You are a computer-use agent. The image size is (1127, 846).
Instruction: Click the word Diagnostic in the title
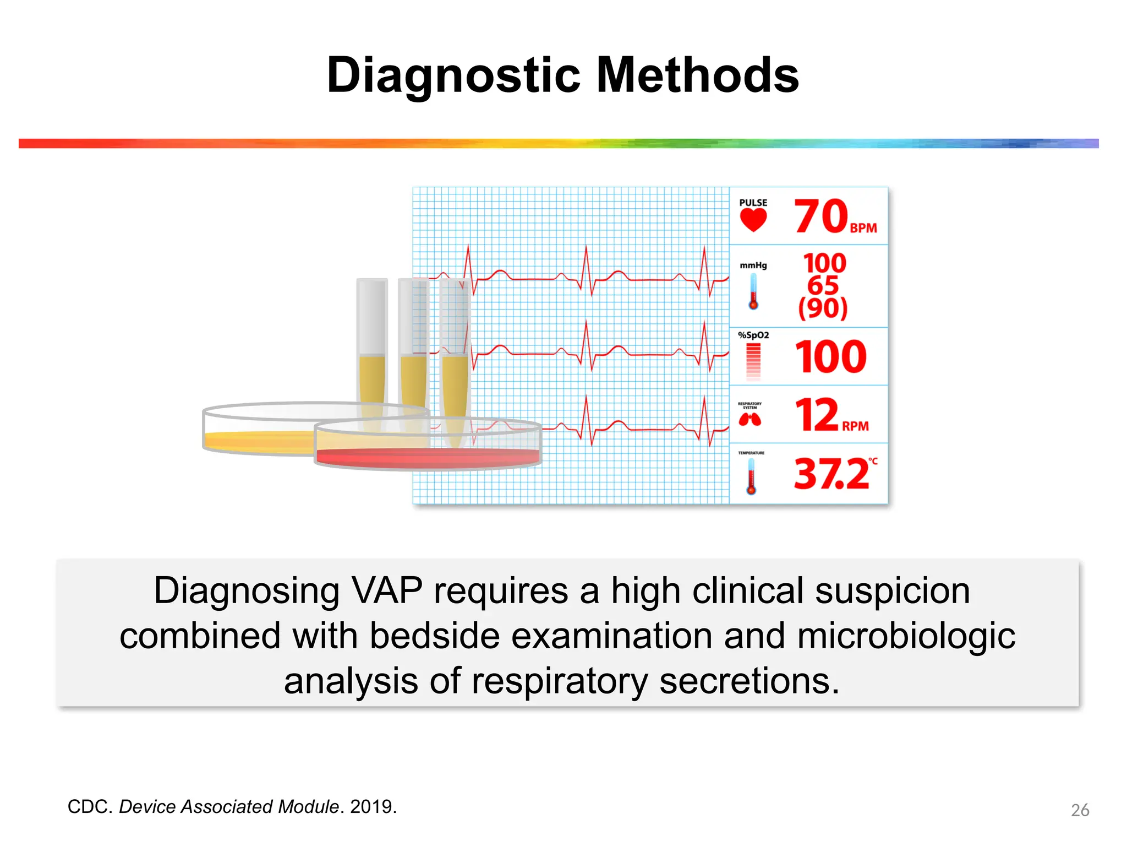[453, 75]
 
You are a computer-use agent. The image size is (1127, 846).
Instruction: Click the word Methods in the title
[697, 75]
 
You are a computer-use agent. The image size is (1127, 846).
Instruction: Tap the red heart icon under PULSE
[753, 220]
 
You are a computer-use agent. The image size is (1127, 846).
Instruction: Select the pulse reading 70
[820, 216]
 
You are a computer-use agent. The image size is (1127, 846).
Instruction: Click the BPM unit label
[863, 228]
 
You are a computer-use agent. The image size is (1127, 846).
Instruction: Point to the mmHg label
[753, 265]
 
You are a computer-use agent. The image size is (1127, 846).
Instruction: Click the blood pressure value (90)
[823, 308]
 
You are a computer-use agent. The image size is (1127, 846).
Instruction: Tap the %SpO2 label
[753, 335]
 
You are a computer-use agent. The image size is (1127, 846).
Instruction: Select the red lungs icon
[749, 420]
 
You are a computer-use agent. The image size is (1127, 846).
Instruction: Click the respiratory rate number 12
[817, 415]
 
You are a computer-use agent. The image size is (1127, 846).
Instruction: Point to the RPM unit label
[855, 426]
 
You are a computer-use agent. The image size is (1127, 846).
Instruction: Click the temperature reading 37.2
[831, 474]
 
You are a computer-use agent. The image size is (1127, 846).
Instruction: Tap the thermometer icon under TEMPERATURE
[751, 476]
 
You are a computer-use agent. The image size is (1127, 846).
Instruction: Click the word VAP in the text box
[387, 591]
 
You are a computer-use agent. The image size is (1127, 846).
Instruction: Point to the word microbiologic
[906, 636]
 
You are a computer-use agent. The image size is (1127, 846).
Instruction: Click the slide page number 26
[1080, 810]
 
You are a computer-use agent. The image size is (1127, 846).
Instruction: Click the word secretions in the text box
[749, 681]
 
